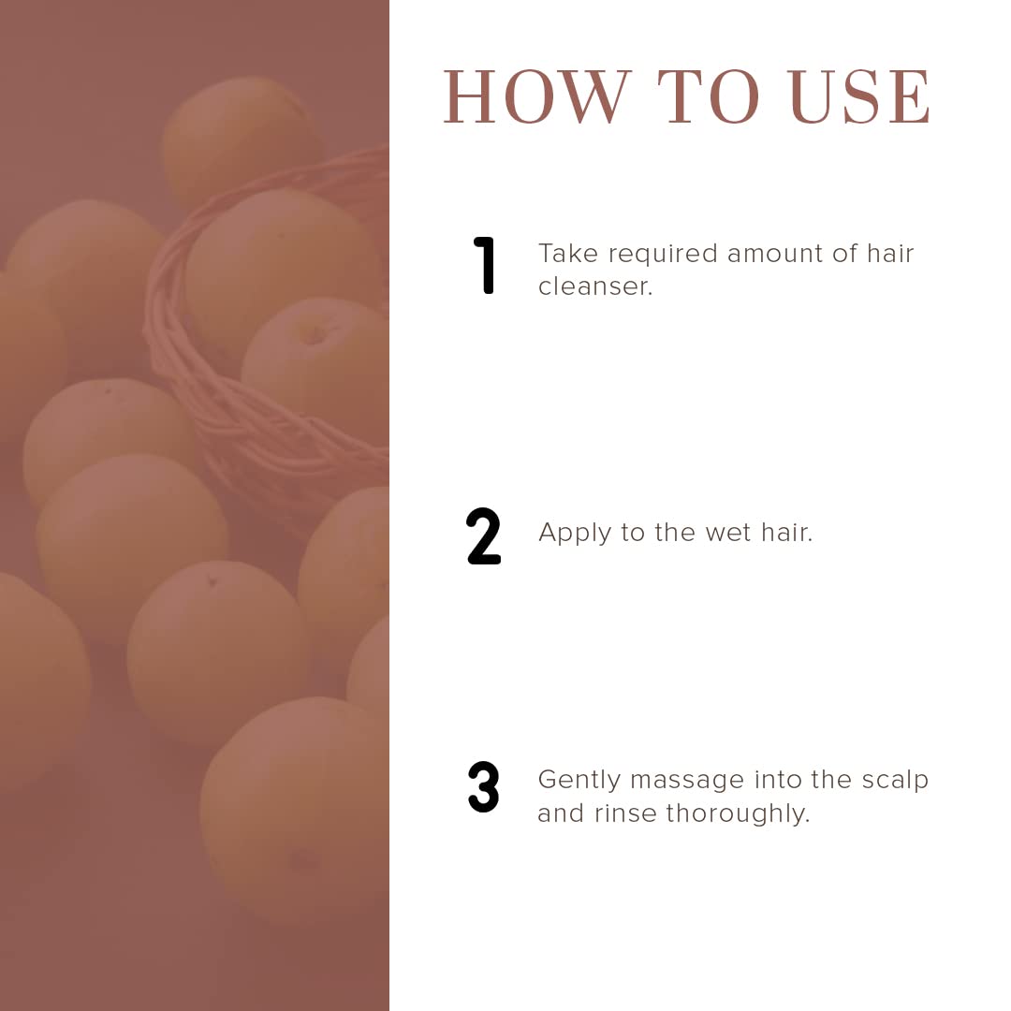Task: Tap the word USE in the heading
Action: (859, 96)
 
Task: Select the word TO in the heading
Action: (709, 96)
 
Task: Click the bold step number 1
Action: (484, 265)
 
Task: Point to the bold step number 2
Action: (484, 536)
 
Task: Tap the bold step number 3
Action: (484, 786)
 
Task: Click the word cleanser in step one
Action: (595, 287)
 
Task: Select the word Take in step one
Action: (568, 254)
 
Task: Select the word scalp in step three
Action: (895, 781)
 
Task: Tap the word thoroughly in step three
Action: (738, 814)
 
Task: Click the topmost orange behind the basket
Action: (242, 139)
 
